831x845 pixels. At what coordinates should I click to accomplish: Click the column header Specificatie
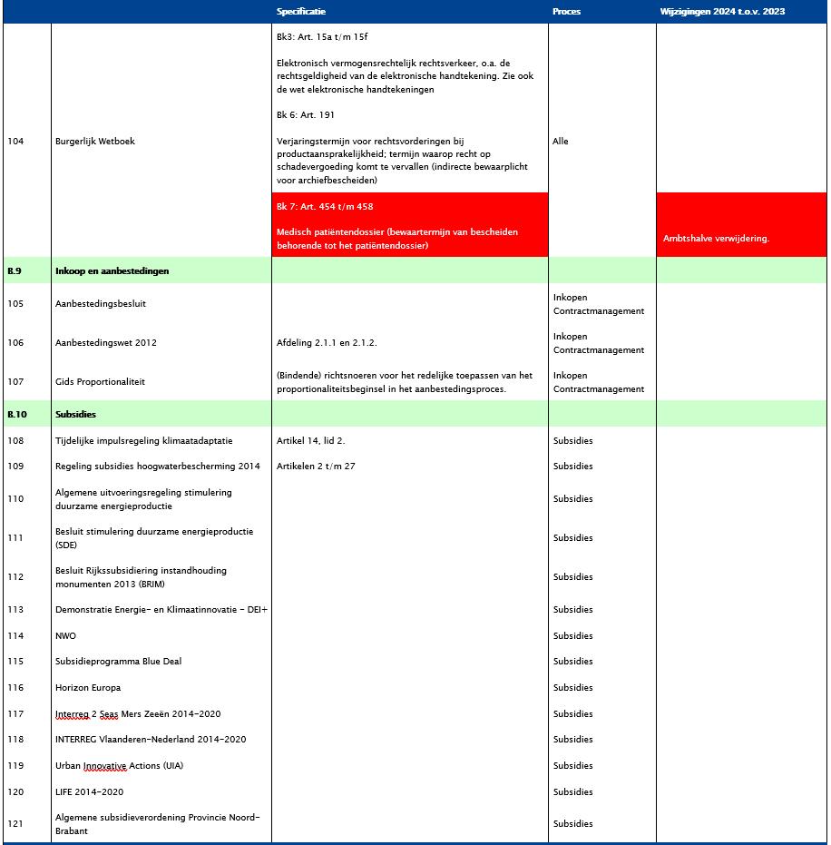coord(301,12)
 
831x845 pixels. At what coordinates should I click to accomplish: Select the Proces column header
coord(566,12)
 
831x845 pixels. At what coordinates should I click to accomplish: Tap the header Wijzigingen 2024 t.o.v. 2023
coord(722,12)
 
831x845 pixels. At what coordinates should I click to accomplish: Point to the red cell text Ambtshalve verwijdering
coord(717,239)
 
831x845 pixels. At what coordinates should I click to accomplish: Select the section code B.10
coord(17,415)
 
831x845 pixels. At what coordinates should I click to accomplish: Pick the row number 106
coord(15,343)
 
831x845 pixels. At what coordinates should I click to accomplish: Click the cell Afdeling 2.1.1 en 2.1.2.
coord(327,343)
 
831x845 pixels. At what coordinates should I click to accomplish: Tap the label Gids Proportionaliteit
coord(100,382)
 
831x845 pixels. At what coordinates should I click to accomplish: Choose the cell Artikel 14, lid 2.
coord(311,441)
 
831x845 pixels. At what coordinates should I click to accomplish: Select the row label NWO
coord(66,636)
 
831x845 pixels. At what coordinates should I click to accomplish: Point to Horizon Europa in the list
coord(88,688)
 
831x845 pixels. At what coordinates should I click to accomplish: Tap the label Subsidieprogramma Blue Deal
coord(118,662)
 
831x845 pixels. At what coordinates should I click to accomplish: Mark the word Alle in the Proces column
coord(561,142)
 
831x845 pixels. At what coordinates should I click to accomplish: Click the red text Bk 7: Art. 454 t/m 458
coord(325,207)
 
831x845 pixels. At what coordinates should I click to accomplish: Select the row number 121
coord(15,824)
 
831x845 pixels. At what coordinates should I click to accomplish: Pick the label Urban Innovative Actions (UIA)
coord(119,766)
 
